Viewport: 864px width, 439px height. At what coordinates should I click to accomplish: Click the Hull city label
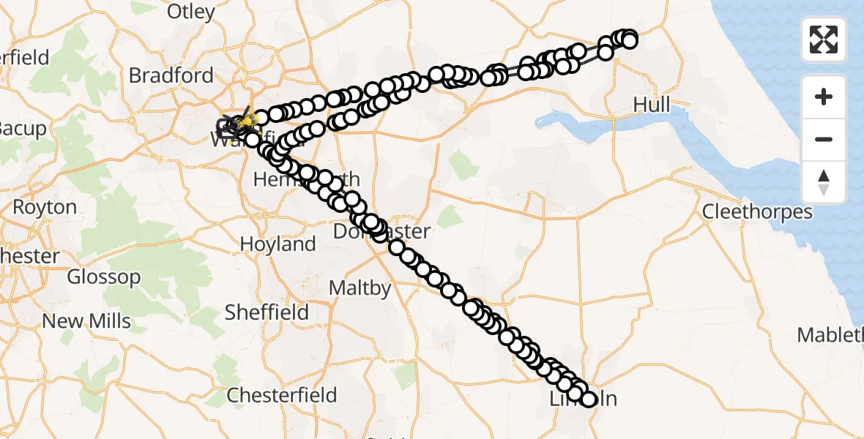click(x=651, y=105)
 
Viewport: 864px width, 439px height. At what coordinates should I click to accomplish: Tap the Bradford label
click(x=171, y=75)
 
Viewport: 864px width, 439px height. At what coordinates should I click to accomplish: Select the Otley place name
click(x=191, y=12)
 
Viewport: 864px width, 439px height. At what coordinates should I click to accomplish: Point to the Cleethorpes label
click(x=757, y=212)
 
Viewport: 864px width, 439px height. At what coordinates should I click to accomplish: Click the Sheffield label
click(x=267, y=312)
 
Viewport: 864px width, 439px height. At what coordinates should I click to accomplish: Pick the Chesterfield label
click(x=282, y=395)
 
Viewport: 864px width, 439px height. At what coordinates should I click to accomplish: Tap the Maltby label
click(x=360, y=288)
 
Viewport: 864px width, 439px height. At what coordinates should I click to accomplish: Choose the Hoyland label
click(x=278, y=244)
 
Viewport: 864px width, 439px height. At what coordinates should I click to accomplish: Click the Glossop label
click(x=103, y=277)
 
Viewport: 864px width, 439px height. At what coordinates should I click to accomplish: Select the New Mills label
click(x=86, y=321)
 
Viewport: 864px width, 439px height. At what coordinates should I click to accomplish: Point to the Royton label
click(x=45, y=207)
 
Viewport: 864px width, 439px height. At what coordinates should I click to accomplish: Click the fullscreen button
click(x=824, y=40)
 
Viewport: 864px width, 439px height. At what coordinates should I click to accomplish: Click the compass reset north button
click(x=824, y=182)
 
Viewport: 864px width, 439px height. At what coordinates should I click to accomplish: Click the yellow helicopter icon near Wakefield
click(x=248, y=119)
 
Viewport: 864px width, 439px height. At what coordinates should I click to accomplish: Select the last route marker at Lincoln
click(x=589, y=399)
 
